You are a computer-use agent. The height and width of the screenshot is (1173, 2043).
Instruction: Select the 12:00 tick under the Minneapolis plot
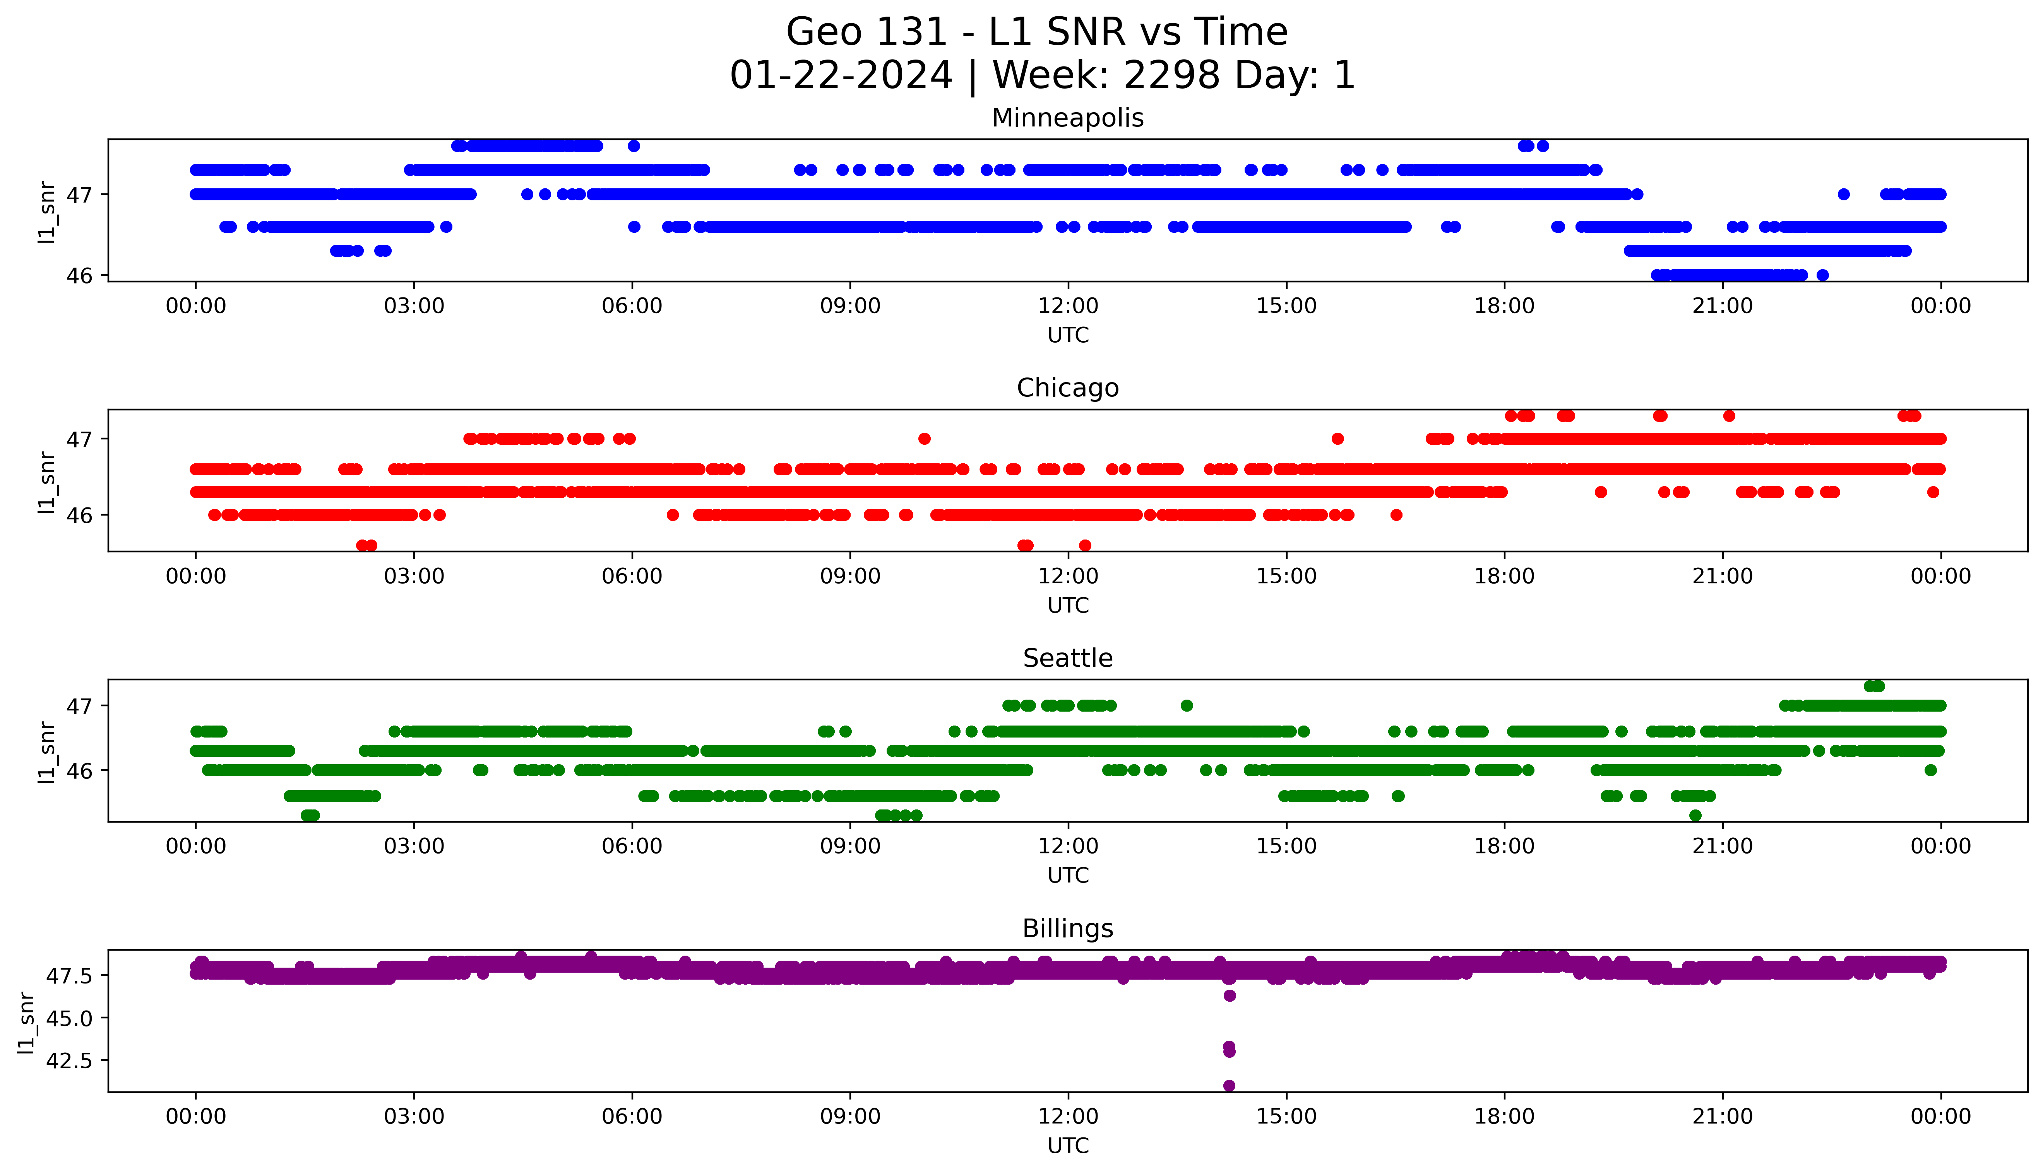pyautogui.click(x=1068, y=306)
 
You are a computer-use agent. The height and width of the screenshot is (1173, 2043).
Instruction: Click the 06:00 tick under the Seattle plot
pyautogui.click(x=632, y=846)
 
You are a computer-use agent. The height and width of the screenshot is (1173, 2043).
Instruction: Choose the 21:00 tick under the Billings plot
pyautogui.click(x=1722, y=1117)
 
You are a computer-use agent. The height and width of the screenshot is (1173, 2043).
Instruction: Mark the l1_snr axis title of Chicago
pyautogui.click(x=47, y=482)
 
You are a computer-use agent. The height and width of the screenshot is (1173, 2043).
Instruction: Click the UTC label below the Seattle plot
pyautogui.click(x=1068, y=875)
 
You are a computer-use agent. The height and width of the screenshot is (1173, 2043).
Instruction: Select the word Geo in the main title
pyautogui.click(x=820, y=32)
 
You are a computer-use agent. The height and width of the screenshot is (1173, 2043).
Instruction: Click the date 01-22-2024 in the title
pyautogui.click(x=841, y=76)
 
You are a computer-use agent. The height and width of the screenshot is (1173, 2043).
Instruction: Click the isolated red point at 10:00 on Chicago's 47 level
pyautogui.click(x=925, y=439)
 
